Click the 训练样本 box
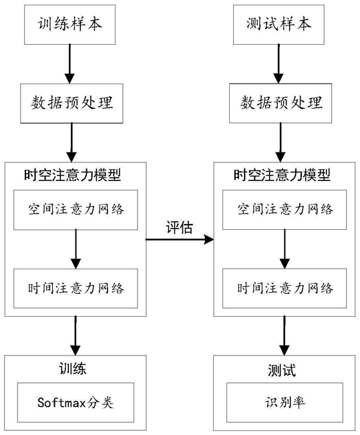(x=69, y=25)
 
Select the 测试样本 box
(x=279, y=25)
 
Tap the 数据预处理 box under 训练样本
(x=71, y=104)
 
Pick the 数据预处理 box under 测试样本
(x=281, y=103)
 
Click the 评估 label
(x=179, y=228)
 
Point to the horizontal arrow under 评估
(x=180, y=239)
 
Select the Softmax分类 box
(x=75, y=402)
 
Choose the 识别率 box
(x=285, y=402)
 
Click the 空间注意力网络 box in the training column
(x=75, y=210)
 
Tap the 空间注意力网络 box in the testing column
(x=285, y=210)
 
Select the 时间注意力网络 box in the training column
(x=75, y=288)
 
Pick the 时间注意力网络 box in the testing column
(x=285, y=288)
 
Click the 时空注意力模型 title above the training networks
(x=73, y=175)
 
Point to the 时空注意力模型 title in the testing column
(x=282, y=175)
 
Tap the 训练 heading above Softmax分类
(x=73, y=369)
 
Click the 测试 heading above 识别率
(x=282, y=370)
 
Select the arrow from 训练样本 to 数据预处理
(x=69, y=63)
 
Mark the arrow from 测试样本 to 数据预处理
(x=279, y=63)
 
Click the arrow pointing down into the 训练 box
(x=75, y=335)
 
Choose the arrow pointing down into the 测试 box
(x=285, y=335)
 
